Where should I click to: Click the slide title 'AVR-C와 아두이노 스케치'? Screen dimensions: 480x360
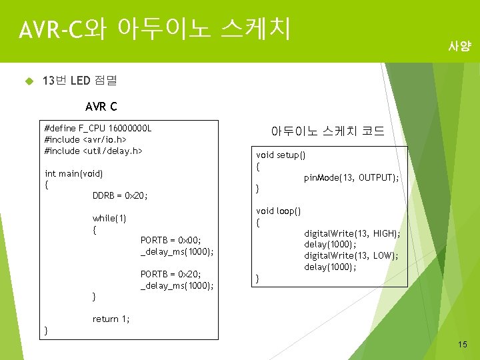point(155,29)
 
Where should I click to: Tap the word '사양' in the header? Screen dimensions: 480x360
point(459,47)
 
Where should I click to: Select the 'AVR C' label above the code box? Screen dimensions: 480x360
point(101,107)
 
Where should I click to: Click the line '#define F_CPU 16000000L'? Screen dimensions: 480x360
point(98,128)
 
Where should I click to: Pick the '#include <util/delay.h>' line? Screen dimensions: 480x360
point(93,151)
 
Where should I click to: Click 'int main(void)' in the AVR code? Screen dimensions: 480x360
point(73,174)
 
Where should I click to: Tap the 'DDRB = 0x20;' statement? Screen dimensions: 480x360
point(120,196)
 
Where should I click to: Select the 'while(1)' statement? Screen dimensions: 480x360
point(109,219)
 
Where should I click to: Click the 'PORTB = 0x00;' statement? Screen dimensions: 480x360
point(171,240)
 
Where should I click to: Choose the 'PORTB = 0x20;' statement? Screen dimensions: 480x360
point(171,274)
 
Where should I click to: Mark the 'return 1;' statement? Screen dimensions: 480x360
point(111,319)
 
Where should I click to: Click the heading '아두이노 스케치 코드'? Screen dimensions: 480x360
point(327,131)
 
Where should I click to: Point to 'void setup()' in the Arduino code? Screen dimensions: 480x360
point(281,155)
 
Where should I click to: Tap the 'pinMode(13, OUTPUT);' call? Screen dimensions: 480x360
point(351,178)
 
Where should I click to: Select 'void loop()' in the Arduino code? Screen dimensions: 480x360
point(279,211)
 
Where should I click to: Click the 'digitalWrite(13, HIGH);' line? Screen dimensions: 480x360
point(352,233)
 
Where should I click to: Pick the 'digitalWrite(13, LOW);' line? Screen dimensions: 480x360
point(351,255)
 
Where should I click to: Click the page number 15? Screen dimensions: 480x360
point(463,344)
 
